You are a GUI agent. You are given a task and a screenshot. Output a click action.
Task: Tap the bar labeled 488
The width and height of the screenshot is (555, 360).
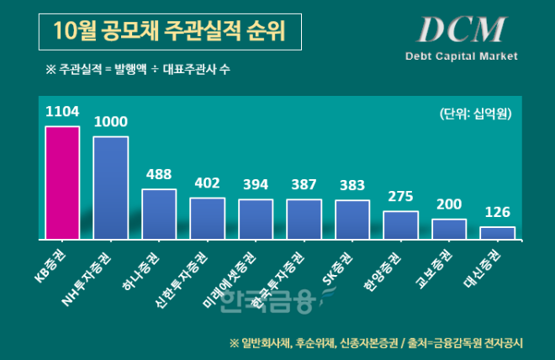pos(159,214)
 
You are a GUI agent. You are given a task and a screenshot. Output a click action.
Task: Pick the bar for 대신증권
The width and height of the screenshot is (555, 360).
pos(497,233)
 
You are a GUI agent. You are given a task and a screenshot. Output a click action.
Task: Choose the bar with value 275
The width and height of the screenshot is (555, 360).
pos(400,225)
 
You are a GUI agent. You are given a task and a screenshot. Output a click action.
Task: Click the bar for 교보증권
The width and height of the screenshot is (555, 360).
pos(449,230)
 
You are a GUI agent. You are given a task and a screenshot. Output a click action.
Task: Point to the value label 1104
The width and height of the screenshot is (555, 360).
pos(62,111)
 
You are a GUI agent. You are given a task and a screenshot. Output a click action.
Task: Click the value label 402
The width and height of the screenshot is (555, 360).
pos(207,183)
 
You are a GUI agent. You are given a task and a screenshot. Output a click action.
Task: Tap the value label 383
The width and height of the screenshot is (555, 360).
pos(352,185)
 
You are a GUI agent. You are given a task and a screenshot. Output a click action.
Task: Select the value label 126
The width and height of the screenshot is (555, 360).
pos(497,211)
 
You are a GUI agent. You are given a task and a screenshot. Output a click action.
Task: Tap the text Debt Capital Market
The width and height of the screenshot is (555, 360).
pos(461,56)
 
